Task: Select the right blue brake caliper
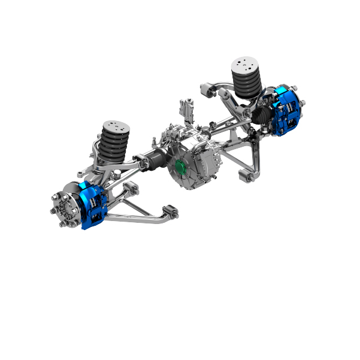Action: [x=285, y=111]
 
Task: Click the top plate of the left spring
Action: [x=116, y=126]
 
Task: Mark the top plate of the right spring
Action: [x=246, y=63]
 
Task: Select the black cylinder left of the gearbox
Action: [x=156, y=160]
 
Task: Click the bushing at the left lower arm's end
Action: [x=171, y=211]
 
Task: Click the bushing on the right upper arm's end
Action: [x=206, y=90]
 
